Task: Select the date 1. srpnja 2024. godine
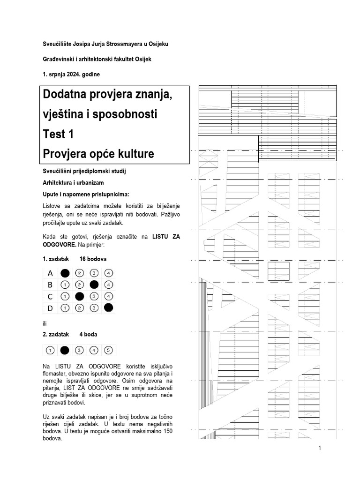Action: coord(71,74)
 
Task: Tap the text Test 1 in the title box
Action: coord(58,134)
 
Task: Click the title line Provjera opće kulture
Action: coord(98,153)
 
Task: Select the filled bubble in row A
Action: coord(65,273)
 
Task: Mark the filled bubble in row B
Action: coord(94,284)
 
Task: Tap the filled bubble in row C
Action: coord(80,296)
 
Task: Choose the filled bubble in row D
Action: coord(108,308)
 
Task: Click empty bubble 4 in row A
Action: coord(108,273)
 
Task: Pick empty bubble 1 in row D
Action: coord(65,308)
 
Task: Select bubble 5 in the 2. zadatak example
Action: coord(108,350)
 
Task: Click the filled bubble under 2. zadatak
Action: coord(65,350)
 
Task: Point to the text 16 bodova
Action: coord(93,259)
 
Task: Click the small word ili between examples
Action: coord(45,323)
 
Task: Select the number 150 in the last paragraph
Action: coord(174,430)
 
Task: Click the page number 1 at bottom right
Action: coord(319,448)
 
